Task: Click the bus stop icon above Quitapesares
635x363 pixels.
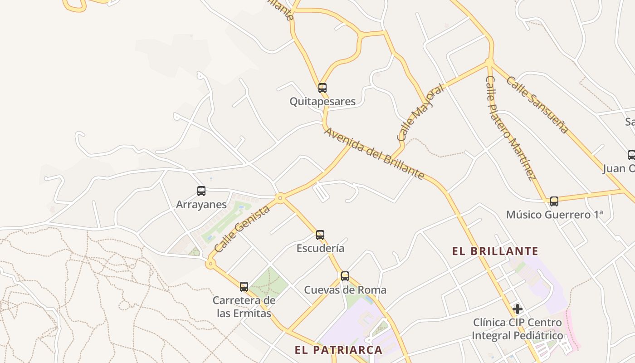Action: (x=322, y=88)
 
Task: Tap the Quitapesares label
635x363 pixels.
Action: (x=322, y=101)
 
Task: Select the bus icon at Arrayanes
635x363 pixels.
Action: (x=201, y=191)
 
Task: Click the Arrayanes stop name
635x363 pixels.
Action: (x=201, y=205)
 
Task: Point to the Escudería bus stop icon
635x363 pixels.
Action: (x=320, y=235)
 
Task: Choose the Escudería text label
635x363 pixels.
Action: (x=320, y=249)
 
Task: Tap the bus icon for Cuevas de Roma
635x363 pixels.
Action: (x=345, y=276)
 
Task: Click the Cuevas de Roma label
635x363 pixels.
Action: (x=345, y=290)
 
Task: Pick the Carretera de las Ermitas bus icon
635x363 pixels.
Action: (x=244, y=287)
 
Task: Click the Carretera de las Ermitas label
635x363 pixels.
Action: (x=244, y=307)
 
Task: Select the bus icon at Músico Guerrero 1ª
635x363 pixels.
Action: (x=554, y=201)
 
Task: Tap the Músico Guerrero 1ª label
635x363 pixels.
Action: (x=554, y=215)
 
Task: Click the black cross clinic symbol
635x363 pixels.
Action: (x=518, y=309)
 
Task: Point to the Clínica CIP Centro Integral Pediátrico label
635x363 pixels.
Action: (x=518, y=329)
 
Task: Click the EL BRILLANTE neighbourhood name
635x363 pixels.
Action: (x=495, y=251)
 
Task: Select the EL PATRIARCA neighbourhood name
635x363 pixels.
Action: (x=338, y=350)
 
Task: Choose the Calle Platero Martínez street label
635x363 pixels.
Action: (x=511, y=128)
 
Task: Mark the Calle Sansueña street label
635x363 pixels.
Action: (x=537, y=105)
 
